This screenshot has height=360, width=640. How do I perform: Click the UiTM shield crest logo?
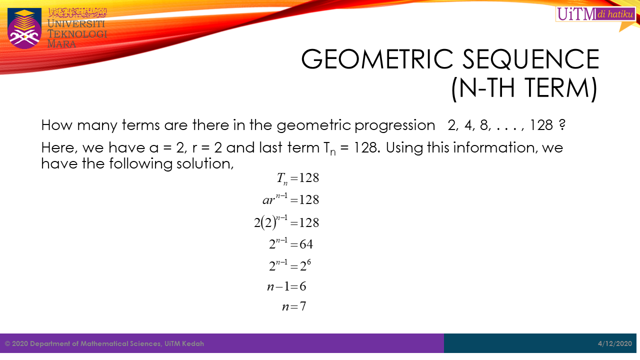pyautogui.click(x=24, y=28)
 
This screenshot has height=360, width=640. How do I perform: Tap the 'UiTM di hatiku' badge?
pyautogui.click(x=595, y=14)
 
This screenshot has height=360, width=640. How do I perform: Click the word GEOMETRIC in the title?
pyautogui.click(x=377, y=59)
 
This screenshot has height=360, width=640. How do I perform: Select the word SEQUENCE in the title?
pyautogui.click(x=531, y=59)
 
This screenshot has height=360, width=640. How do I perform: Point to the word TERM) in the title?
pyautogui.click(x=561, y=88)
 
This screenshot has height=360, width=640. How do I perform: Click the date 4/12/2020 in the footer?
pyautogui.click(x=615, y=343)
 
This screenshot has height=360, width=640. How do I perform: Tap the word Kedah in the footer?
pyautogui.click(x=193, y=343)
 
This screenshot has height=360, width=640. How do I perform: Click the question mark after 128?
pyautogui.click(x=562, y=125)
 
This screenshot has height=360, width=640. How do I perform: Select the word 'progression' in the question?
pyautogui.click(x=394, y=125)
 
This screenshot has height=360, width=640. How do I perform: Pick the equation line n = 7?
pyautogui.click(x=294, y=306)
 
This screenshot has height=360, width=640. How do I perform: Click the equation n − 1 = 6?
pyautogui.click(x=286, y=286)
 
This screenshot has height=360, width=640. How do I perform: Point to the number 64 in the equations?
pyautogui.click(x=306, y=244)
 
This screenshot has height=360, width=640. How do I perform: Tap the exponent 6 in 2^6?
pyautogui.click(x=308, y=262)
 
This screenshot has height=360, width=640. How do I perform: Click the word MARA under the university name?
pyautogui.click(x=61, y=44)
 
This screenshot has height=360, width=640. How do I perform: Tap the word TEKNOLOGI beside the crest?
pyautogui.click(x=77, y=33)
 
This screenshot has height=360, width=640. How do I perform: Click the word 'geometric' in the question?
pyautogui.click(x=313, y=125)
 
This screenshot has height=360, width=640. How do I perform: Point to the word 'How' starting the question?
pyautogui.click(x=56, y=125)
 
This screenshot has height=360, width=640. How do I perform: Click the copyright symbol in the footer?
pyautogui.click(x=7, y=343)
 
